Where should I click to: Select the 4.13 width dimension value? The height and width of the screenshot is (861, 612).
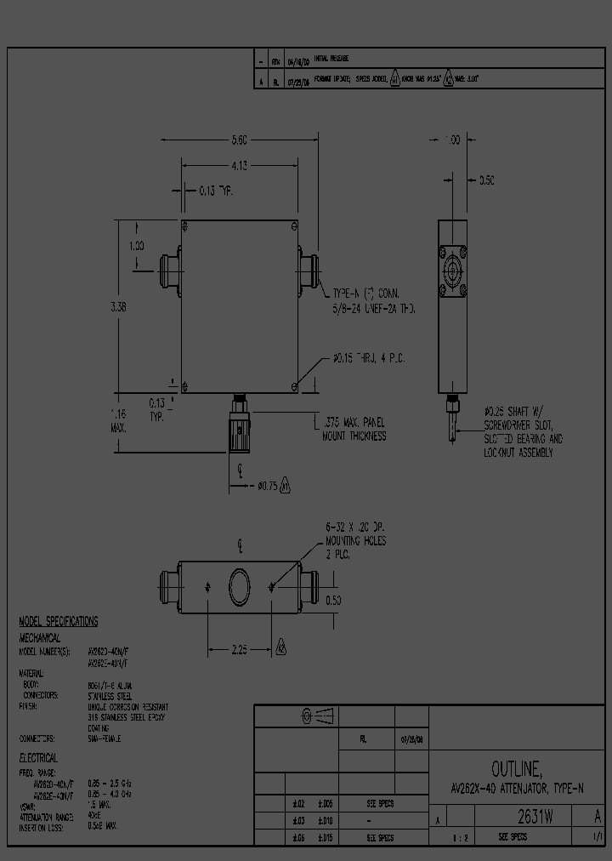(239, 166)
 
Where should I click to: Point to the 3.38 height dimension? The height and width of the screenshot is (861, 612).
(118, 308)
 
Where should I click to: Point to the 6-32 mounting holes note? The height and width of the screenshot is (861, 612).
(354, 540)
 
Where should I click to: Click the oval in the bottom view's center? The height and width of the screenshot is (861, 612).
(241, 586)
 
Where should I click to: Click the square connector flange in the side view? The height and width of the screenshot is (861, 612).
(452, 272)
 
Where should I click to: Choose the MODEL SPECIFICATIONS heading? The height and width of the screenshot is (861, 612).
(58, 622)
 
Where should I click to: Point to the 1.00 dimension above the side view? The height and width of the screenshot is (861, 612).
(452, 140)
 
